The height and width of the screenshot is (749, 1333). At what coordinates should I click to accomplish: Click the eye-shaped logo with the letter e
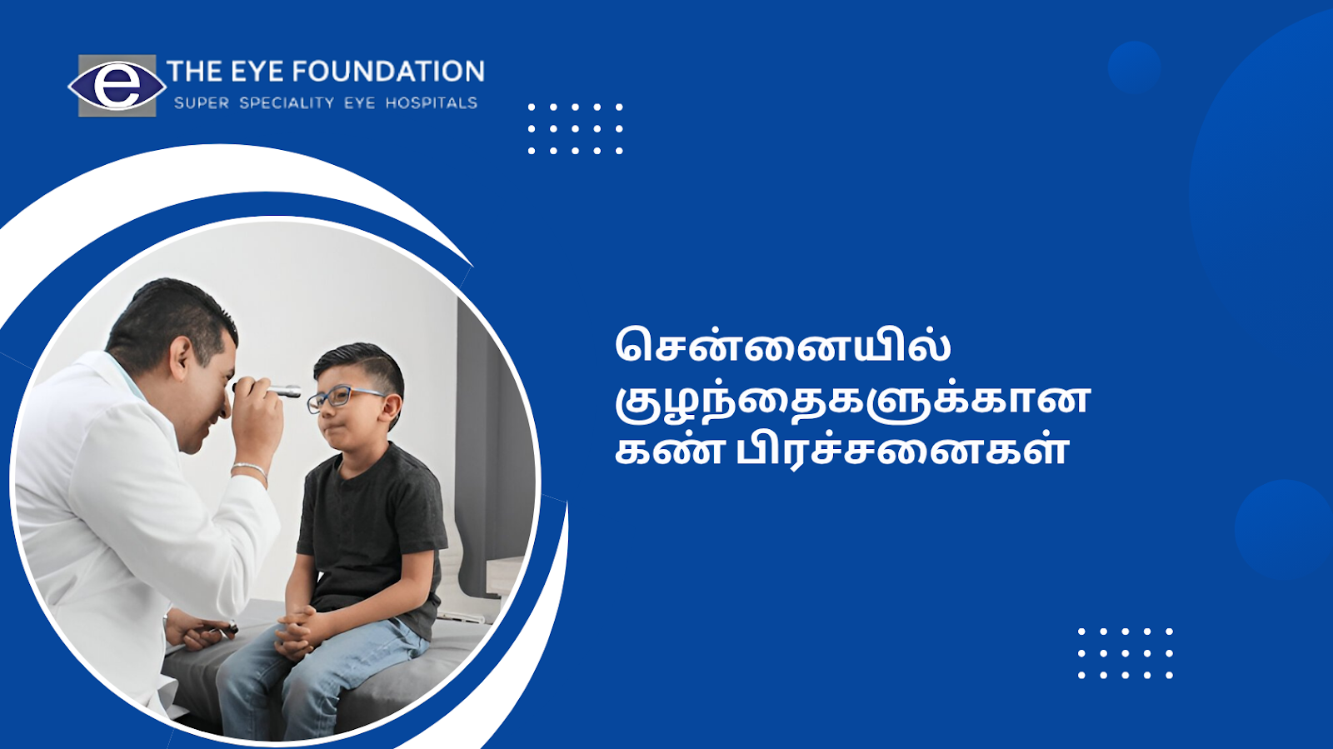[117, 87]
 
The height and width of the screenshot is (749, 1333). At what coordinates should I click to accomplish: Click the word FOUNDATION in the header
[387, 72]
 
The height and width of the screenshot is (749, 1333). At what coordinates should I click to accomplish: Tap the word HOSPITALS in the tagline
[432, 103]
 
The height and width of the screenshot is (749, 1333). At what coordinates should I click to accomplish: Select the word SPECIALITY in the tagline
[287, 103]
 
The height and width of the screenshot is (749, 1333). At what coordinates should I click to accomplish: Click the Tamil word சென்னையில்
[782, 344]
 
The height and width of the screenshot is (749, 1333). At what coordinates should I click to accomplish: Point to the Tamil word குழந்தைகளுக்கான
[852, 400]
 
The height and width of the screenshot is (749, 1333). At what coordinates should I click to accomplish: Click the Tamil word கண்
[669, 451]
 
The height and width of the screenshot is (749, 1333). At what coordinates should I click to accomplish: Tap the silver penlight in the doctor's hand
[274, 390]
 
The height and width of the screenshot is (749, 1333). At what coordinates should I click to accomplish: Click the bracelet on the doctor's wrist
[251, 470]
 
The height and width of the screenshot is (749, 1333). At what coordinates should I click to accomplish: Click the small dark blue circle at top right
[1134, 67]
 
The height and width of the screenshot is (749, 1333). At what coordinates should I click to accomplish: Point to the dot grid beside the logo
[576, 129]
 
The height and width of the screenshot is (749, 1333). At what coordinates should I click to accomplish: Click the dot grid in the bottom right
[1126, 653]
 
